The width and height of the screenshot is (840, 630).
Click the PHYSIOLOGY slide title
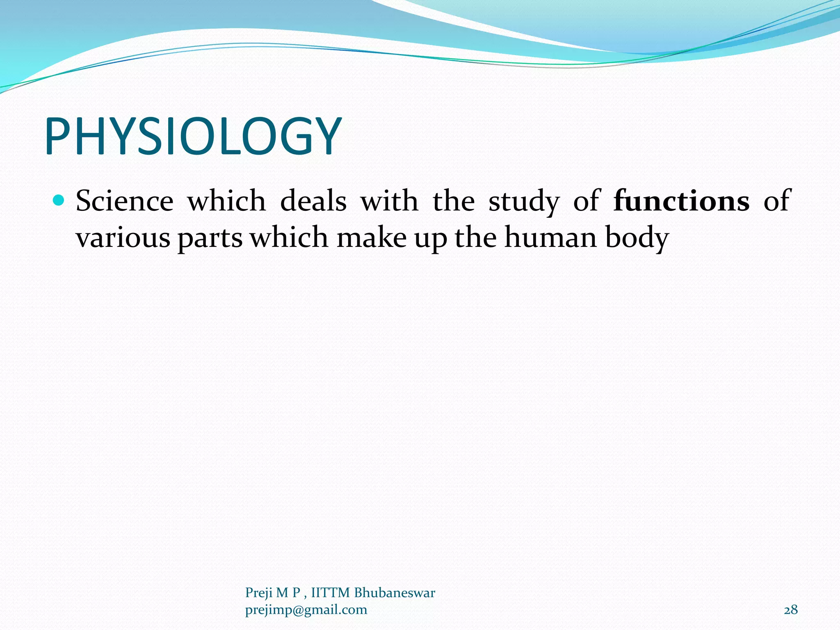pos(193,137)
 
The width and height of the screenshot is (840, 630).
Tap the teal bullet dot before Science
pos(59,201)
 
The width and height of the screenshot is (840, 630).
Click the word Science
pos(125,201)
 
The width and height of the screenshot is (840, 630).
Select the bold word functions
pos(681,201)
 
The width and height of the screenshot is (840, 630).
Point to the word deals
pos(313,201)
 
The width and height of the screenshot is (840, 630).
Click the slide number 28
pos(791,610)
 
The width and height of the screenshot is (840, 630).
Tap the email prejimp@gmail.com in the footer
pos(306,610)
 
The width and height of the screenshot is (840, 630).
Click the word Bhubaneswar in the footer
pos(394,593)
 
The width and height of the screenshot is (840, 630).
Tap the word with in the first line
pos(389,201)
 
